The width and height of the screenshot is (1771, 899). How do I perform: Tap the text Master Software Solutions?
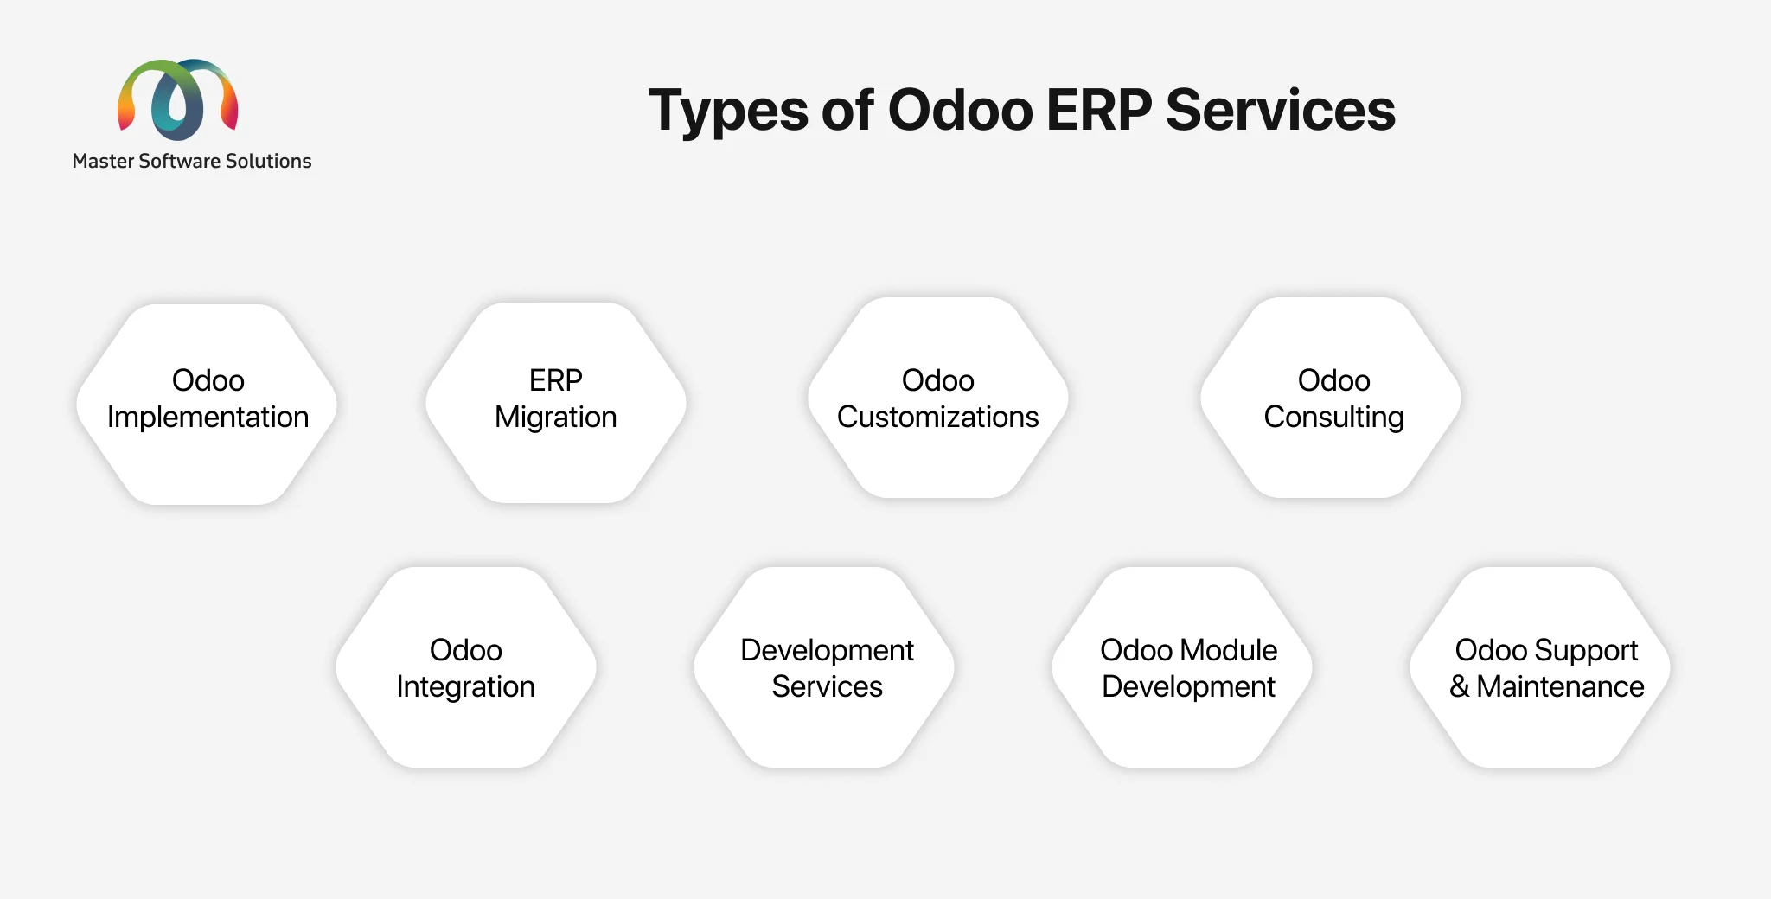192,162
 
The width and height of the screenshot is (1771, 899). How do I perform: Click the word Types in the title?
728,112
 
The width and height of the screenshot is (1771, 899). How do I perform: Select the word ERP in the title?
1098,110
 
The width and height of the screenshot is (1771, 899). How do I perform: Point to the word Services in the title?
1281,110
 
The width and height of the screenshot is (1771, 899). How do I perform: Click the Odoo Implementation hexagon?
207,404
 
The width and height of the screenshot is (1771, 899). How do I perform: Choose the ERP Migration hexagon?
556,402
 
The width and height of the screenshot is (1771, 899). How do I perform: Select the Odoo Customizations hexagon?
938,398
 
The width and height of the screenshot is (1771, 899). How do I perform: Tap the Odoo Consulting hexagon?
1331,398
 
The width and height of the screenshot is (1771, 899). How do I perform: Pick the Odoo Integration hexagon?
466,667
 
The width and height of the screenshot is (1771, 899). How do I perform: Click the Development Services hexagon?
824,667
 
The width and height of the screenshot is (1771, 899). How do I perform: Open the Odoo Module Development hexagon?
1182,667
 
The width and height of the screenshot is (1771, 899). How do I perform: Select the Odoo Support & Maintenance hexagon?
1540,667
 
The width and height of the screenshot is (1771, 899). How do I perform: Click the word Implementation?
208,418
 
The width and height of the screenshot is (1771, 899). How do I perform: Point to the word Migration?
556,418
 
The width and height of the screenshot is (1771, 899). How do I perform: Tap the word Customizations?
938,417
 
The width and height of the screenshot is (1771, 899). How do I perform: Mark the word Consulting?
1333,418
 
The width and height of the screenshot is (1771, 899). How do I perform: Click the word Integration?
466,687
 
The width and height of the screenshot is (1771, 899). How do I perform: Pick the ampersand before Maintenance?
1460,686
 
